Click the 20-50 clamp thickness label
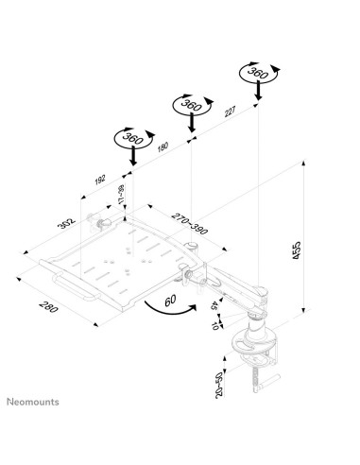coord(220,385)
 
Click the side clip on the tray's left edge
coord(97,223)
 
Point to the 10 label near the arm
coord(217,324)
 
